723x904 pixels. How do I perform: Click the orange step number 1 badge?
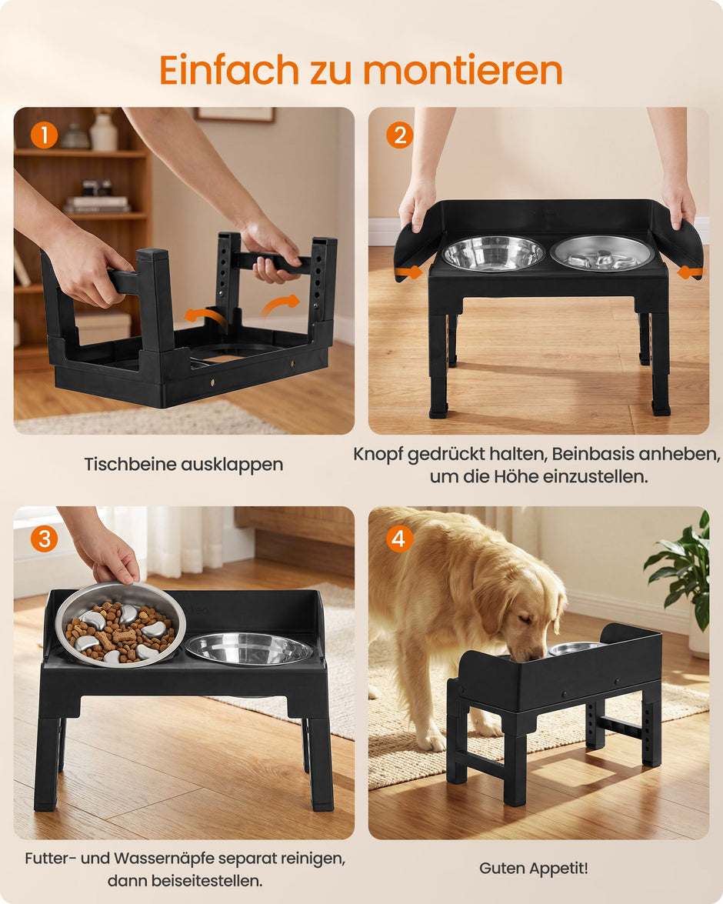click(x=45, y=135)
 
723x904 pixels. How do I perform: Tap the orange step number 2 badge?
click(x=399, y=135)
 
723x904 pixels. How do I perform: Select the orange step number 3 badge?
click(x=45, y=539)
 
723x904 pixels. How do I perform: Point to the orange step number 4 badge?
click(x=398, y=539)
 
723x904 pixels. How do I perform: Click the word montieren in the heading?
click(x=462, y=70)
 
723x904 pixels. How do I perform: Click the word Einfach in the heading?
click(x=229, y=70)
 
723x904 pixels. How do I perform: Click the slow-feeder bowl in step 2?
click(x=602, y=252)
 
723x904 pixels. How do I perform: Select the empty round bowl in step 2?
click(x=493, y=252)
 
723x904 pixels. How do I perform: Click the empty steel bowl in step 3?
click(x=248, y=648)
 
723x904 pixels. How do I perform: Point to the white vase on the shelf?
click(x=104, y=132)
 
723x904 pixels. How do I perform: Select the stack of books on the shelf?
click(x=97, y=205)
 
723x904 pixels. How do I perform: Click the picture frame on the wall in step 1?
click(x=235, y=115)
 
